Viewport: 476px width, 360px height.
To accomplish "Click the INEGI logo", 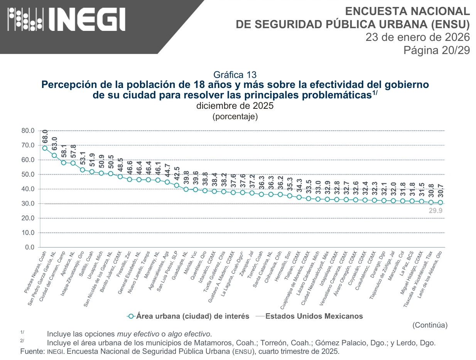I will [66, 19].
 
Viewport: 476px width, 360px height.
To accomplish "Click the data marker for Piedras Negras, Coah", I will [45, 148].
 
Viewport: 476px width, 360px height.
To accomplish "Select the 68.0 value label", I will [45, 137].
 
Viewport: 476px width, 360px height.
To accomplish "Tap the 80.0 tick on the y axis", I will [28, 131].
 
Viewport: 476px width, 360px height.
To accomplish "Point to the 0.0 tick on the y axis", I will [30, 247].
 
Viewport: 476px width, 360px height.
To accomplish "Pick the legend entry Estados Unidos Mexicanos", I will [314, 316].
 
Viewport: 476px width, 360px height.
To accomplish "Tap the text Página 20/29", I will [436, 50].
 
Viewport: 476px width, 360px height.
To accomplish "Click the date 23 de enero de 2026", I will [417, 37].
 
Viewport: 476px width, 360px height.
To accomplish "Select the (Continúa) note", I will [430, 325].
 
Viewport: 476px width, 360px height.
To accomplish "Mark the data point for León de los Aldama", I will [440, 203].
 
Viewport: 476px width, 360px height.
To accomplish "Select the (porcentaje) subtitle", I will [235, 116].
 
